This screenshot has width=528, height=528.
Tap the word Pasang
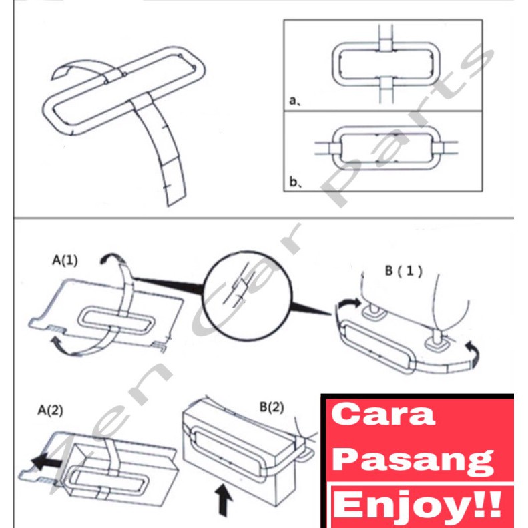pos(413,460)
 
